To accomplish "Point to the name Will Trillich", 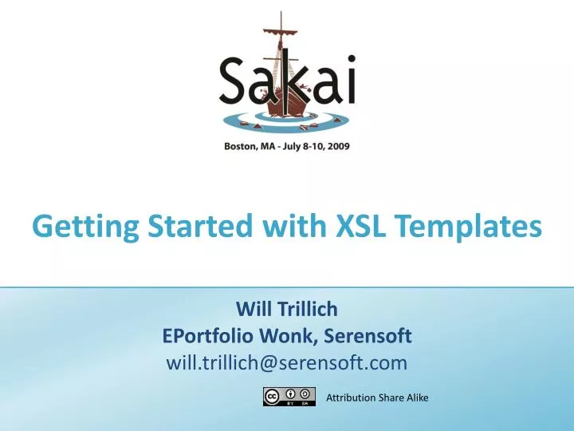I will coord(287,309).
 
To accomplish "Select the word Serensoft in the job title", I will coord(370,336).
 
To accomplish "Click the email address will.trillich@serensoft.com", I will coord(287,363).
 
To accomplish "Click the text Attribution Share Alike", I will coord(377,397).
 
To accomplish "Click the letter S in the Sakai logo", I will coord(235,81).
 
